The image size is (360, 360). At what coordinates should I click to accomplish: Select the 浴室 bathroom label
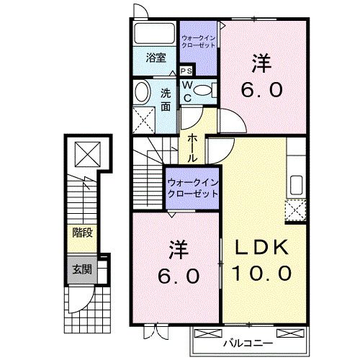click(x=156, y=58)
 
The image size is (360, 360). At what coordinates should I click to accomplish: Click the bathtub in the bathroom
click(x=153, y=34)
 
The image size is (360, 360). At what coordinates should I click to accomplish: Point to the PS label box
click(x=186, y=71)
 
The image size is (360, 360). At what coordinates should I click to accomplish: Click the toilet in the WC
click(x=203, y=90)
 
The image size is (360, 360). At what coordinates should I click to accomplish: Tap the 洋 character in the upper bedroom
click(x=261, y=63)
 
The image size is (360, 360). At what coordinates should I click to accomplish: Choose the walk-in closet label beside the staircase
click(x=192, y=179)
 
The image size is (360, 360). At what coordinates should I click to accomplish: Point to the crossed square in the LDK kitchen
click(x=295, y=211)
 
